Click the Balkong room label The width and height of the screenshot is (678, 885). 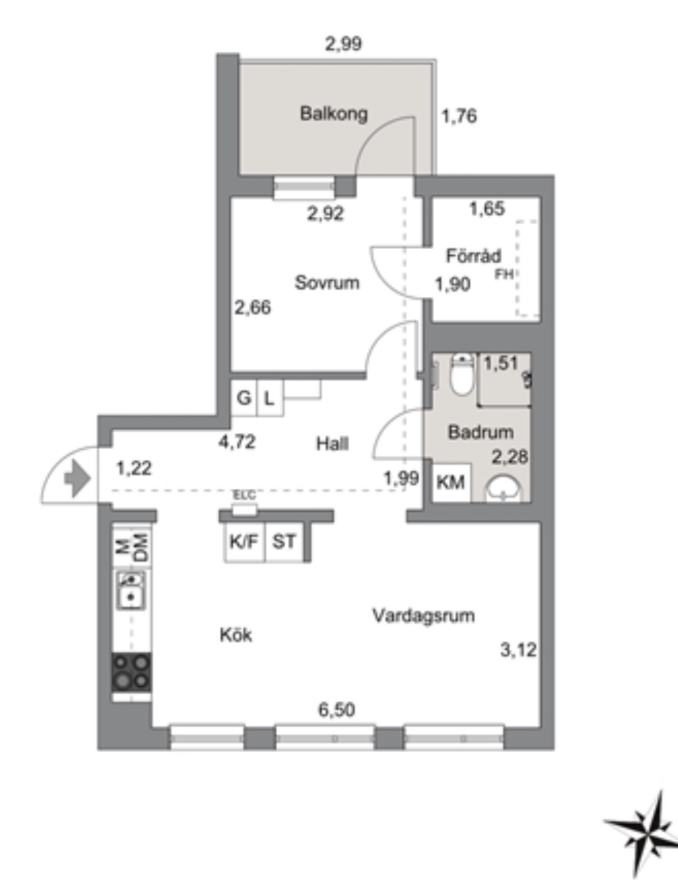coord(334,114)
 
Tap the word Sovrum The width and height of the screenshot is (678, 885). coord(327,283)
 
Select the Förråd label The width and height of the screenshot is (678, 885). coord(474,256)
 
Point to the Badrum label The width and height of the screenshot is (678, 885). coord(481,432)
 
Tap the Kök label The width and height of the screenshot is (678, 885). coord(236,634)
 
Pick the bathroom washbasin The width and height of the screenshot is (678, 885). coord(504,489)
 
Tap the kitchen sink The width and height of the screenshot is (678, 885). coord(131,590)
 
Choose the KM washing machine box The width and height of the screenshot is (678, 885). coord(451,482)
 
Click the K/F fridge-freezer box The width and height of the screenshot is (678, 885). coord(244,542)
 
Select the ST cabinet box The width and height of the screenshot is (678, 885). coord(284,542)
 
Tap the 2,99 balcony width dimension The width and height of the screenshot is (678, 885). coord(343,44)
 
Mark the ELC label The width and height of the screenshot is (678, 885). coord(244,495)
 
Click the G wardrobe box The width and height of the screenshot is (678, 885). coord(244,398)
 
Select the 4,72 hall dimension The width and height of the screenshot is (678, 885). coord(237,442)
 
